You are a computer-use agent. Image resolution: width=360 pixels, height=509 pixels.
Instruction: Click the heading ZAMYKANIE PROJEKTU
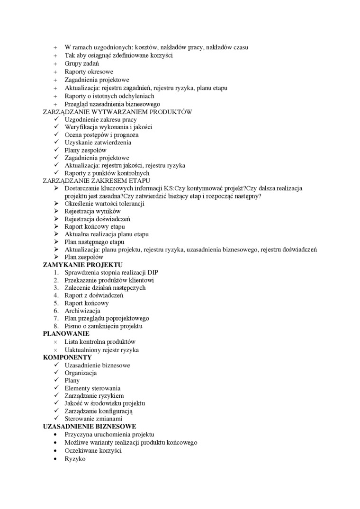pyautogui.click(x=82, y=264)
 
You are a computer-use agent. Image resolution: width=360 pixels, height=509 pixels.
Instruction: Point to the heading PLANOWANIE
pyautogui.click(x=66, y=333)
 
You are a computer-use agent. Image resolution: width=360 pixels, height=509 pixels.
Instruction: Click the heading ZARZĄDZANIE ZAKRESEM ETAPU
pyautogui.click(x=96, y=180)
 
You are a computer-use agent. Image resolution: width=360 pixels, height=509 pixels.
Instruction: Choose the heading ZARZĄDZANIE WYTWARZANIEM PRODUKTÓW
pyautogui.click(x=117, y=112)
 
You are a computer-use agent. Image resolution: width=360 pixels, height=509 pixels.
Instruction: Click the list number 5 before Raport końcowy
pyautogui.click(x=55, y=303)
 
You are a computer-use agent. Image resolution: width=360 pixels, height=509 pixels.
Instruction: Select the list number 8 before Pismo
pyautogui.click(x=55, y=326)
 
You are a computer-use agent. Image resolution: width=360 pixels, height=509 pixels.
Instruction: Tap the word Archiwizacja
pyautogui.click(x=82, y=311)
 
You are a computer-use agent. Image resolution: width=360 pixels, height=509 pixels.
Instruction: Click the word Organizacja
pyautogui.click(x=81, y=373)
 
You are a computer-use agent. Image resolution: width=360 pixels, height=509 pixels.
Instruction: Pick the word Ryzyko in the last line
pyautogui.click(x=75, y=458)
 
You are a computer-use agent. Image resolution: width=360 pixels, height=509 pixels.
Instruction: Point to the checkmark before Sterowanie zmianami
pyautogui.click(x=56, y=419)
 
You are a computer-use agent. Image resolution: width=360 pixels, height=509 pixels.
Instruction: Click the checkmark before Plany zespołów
pyautogui.click(x=56, y=150)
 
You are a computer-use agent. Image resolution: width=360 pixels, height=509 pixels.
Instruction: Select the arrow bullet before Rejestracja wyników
pyautogui.click(x=56, y=211)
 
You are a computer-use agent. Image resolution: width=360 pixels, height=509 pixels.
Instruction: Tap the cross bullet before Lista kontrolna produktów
pyautogui.click(x=55, y=342)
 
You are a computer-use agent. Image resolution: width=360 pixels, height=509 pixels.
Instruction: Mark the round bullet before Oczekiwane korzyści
pyautogui.click(x=55, y=451)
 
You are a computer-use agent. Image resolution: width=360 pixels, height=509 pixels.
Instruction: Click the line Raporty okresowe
pyautogui.click(x=89, y=71)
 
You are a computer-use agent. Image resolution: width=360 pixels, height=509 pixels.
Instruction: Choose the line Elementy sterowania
pyautogui.click(x=92, y=388)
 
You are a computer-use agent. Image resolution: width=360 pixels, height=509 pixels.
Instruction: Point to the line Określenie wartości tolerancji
pyautogui.click(x=104, y=204)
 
